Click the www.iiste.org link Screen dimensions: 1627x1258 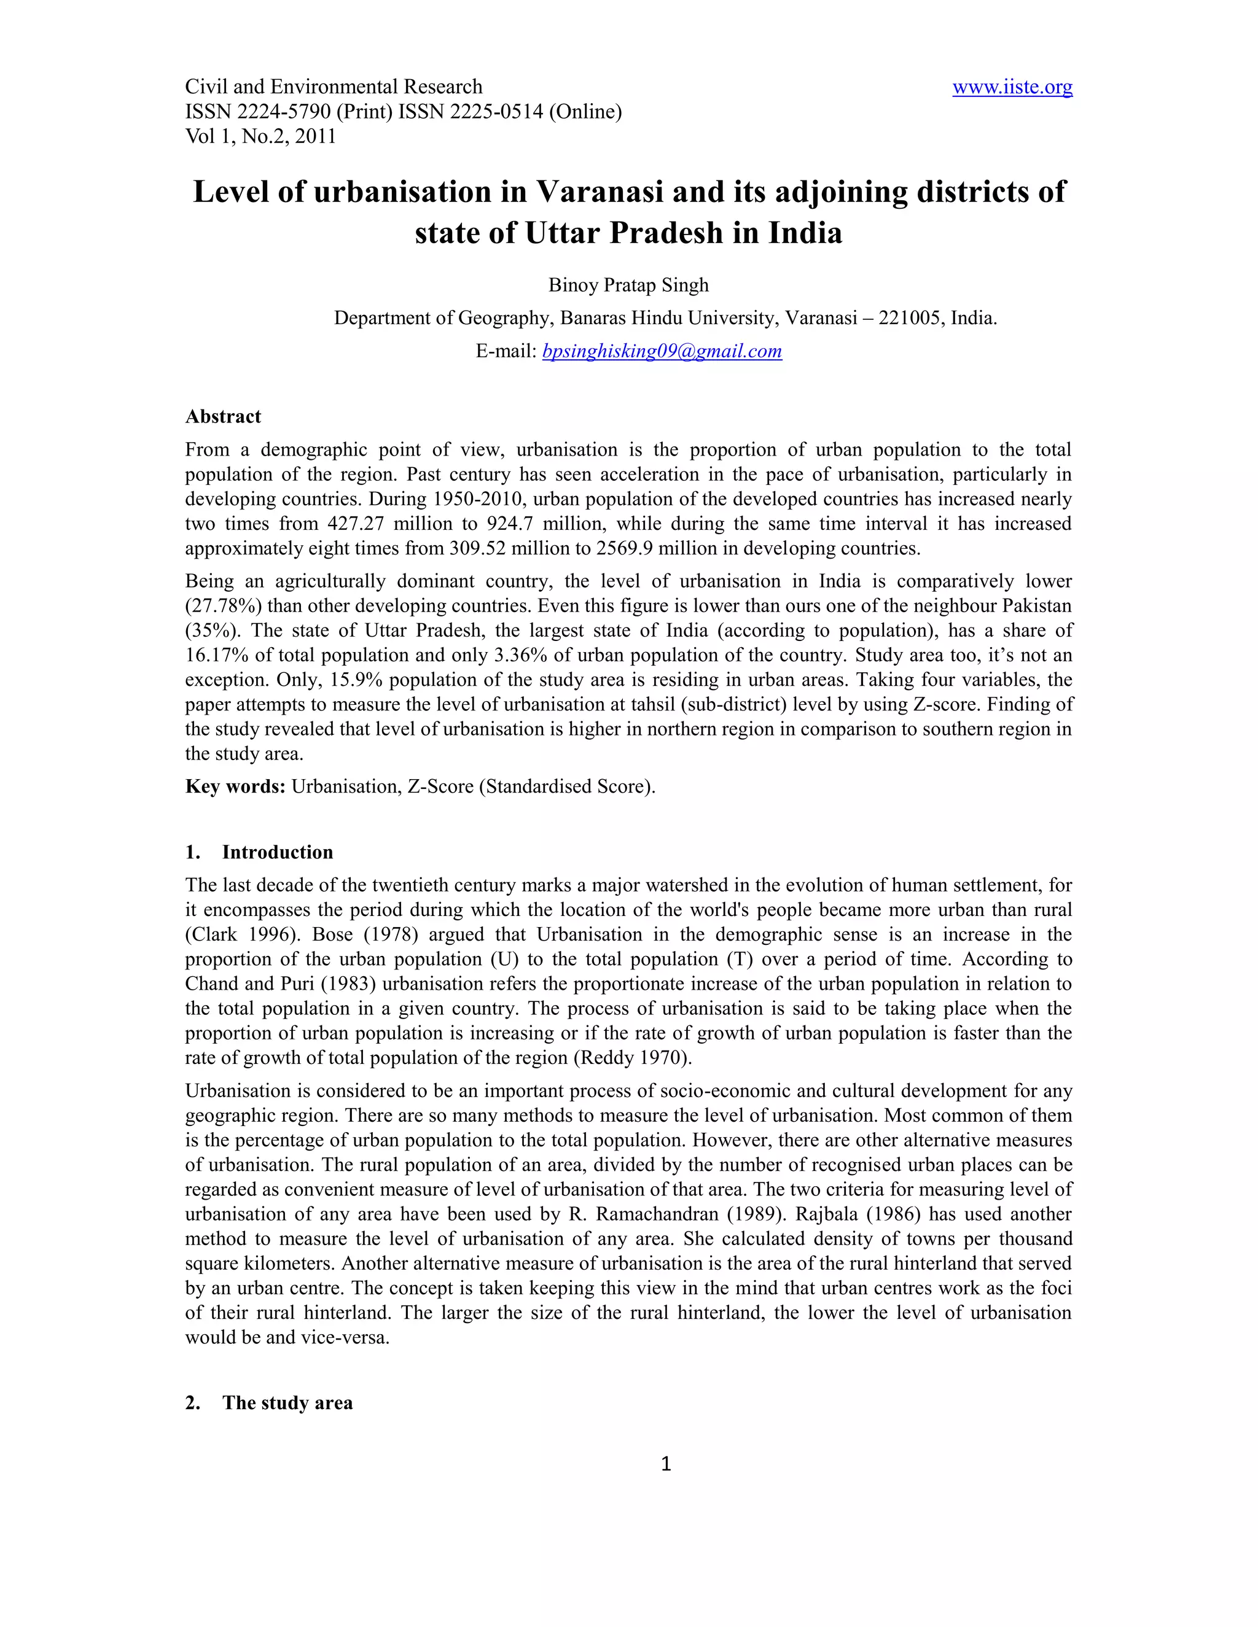pos(1012,87)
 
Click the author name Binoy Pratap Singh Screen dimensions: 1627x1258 pos(628,285)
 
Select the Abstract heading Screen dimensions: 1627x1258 pos(223,416)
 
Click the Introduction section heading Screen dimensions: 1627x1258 pos(277,852)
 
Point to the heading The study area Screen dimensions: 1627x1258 pos(287,1403)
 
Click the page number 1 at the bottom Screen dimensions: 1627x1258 pos(665,1464)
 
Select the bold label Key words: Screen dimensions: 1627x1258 pos(235,786)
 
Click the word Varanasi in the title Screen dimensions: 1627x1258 pos(600,192)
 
